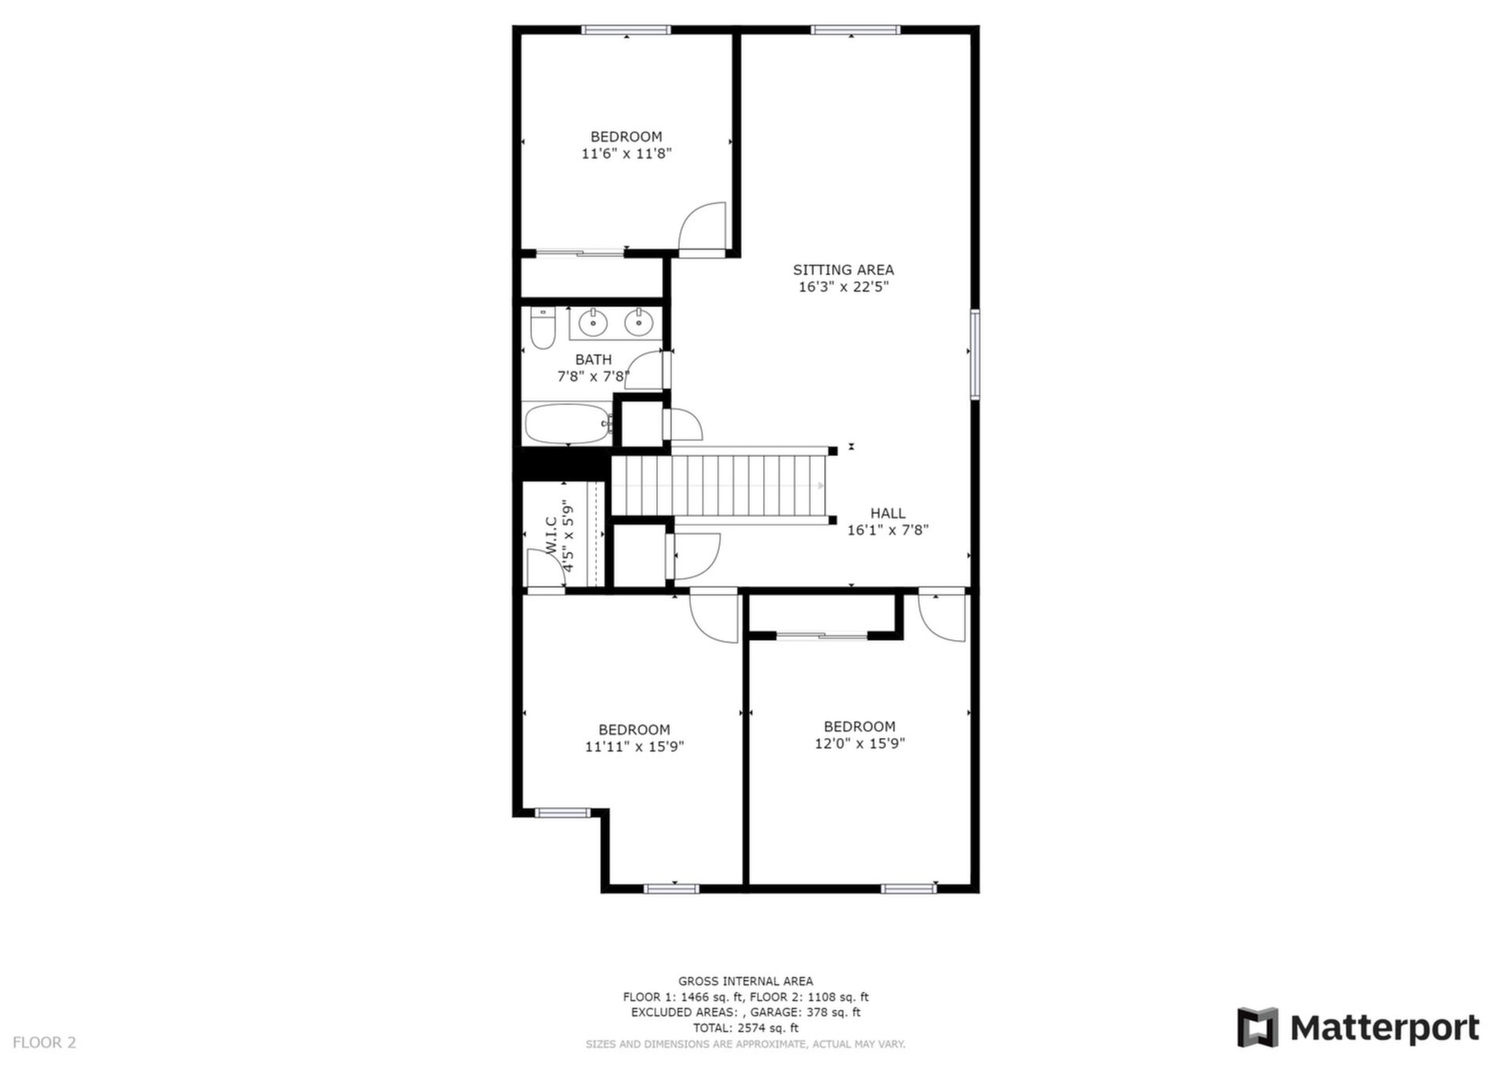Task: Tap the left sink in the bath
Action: (x=594, y=322)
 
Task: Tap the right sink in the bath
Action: (x=639, y=322)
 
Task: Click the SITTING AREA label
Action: (x=843, y=269)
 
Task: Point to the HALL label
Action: (x=888, y=513)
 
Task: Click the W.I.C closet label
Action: (x=551, y=536)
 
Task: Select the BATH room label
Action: (x=593, y=360)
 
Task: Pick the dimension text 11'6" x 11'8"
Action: (x=627, y=154)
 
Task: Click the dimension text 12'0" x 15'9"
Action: (x=860, y=743)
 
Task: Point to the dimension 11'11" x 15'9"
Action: (x=634, y=747)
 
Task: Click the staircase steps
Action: (x=719, y=486)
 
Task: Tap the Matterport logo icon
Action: (x=1257, y=1027)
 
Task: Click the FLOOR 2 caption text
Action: (x=45, y=1042)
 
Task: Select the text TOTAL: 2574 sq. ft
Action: (x=746, y=1028)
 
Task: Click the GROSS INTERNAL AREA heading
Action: (x=746, y=981)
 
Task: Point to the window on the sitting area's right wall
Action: (x=975, y=355)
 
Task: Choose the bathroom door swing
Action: (x=646, y=370)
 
